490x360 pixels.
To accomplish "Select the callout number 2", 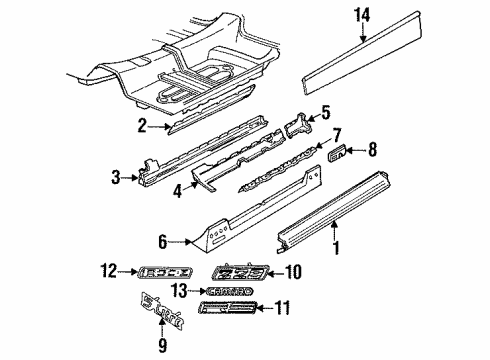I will pyautogui.click(x=143, y=124).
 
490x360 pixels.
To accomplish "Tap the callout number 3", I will pyautogui.click(x=116, y=179).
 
